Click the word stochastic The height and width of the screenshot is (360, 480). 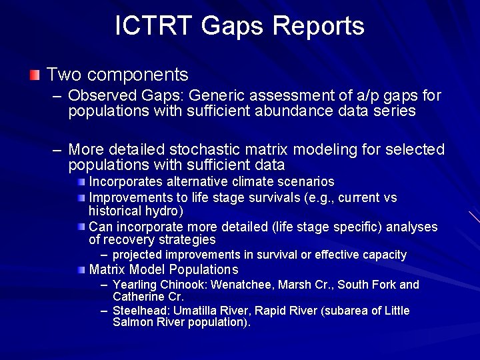click(x=212, y=149)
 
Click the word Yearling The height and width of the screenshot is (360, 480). click(x=135, y=285)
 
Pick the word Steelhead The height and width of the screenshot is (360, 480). click(x=139, y=311)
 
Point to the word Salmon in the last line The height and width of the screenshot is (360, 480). click(x=131, y=323)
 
